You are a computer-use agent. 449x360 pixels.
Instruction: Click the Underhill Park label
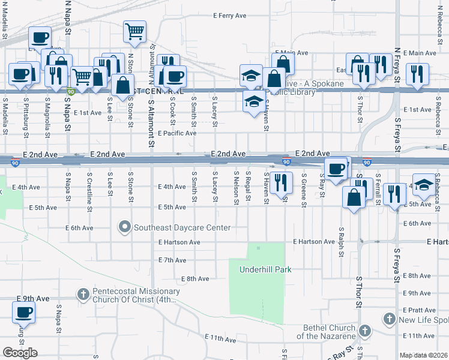[x=265, y=269]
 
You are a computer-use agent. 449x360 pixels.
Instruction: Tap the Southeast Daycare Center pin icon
[x=125, y=227]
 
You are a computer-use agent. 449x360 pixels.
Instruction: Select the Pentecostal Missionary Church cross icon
[x=83, y=294]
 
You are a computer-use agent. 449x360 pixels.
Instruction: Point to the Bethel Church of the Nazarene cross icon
[x=364, y=331]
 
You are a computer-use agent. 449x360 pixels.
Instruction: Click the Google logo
[x=20, y=353]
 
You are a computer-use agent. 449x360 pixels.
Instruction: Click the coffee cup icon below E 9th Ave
[x=23, y=313]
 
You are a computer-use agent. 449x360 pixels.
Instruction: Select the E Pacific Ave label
[x=176, y=133]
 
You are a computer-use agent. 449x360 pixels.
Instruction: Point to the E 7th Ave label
[x=172, y=260]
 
